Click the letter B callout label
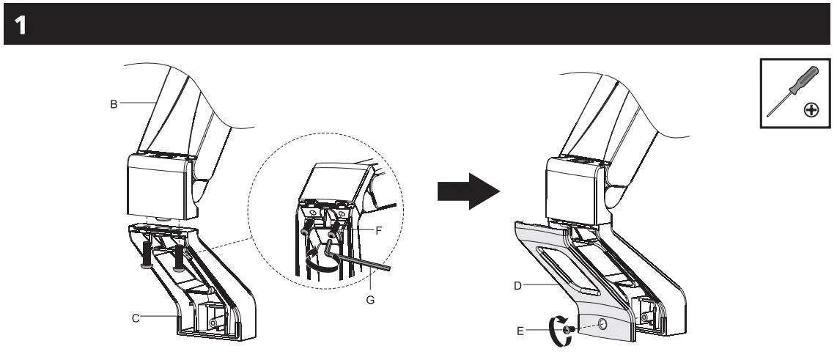[x=114, y=104]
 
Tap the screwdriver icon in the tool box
[x=783, y=90]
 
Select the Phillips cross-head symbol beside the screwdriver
[x=811, y=111]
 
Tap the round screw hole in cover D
[x=602, y=323]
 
